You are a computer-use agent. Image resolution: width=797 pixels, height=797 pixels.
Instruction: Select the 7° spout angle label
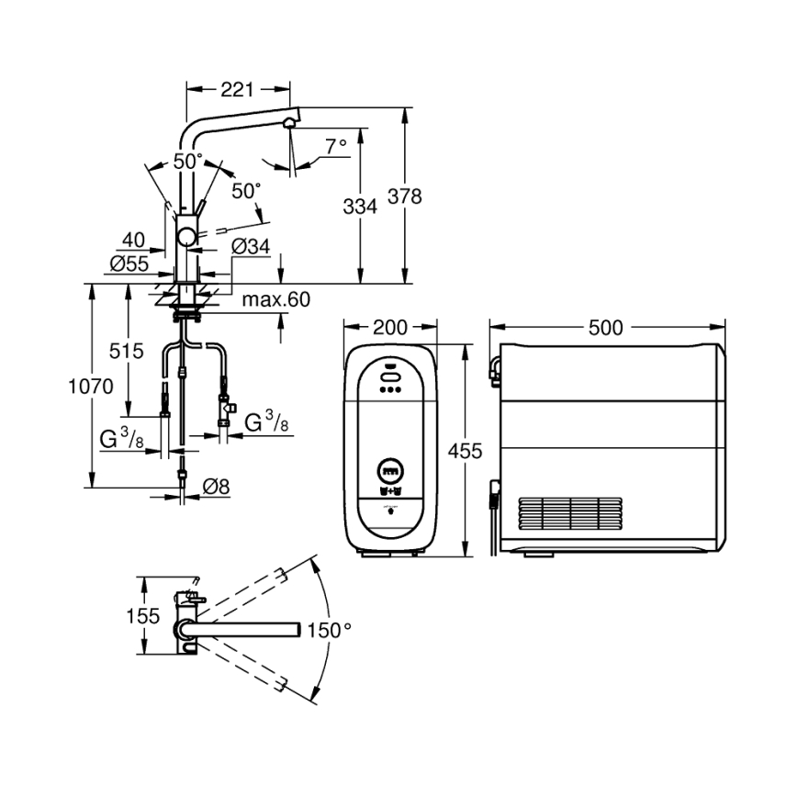(x=335, y=145)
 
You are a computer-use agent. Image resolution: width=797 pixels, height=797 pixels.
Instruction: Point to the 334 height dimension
(x=360, y=208)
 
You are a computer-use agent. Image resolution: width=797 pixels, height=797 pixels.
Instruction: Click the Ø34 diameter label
(x=251, y=246)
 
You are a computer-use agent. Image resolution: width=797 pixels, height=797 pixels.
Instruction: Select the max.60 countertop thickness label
(x=276, y=300)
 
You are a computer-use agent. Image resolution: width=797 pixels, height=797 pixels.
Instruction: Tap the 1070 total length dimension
(x=90, y=387)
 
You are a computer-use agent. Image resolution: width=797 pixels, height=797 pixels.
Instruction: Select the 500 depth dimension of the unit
(x=607, y=328)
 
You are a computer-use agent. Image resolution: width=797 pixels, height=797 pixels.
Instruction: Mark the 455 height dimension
(x=464, y=451)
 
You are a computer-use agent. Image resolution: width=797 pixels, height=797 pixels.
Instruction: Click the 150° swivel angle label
(x=329, y=630)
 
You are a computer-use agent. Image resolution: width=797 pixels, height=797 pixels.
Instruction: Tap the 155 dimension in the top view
(x=144, y=615)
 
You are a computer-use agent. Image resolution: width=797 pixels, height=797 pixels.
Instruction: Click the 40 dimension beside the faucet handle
(x=134, y=241)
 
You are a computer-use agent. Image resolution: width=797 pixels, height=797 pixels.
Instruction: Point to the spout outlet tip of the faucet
(x=290, y=122)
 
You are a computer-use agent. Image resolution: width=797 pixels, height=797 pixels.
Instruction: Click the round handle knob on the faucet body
(x=187, y=238)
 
